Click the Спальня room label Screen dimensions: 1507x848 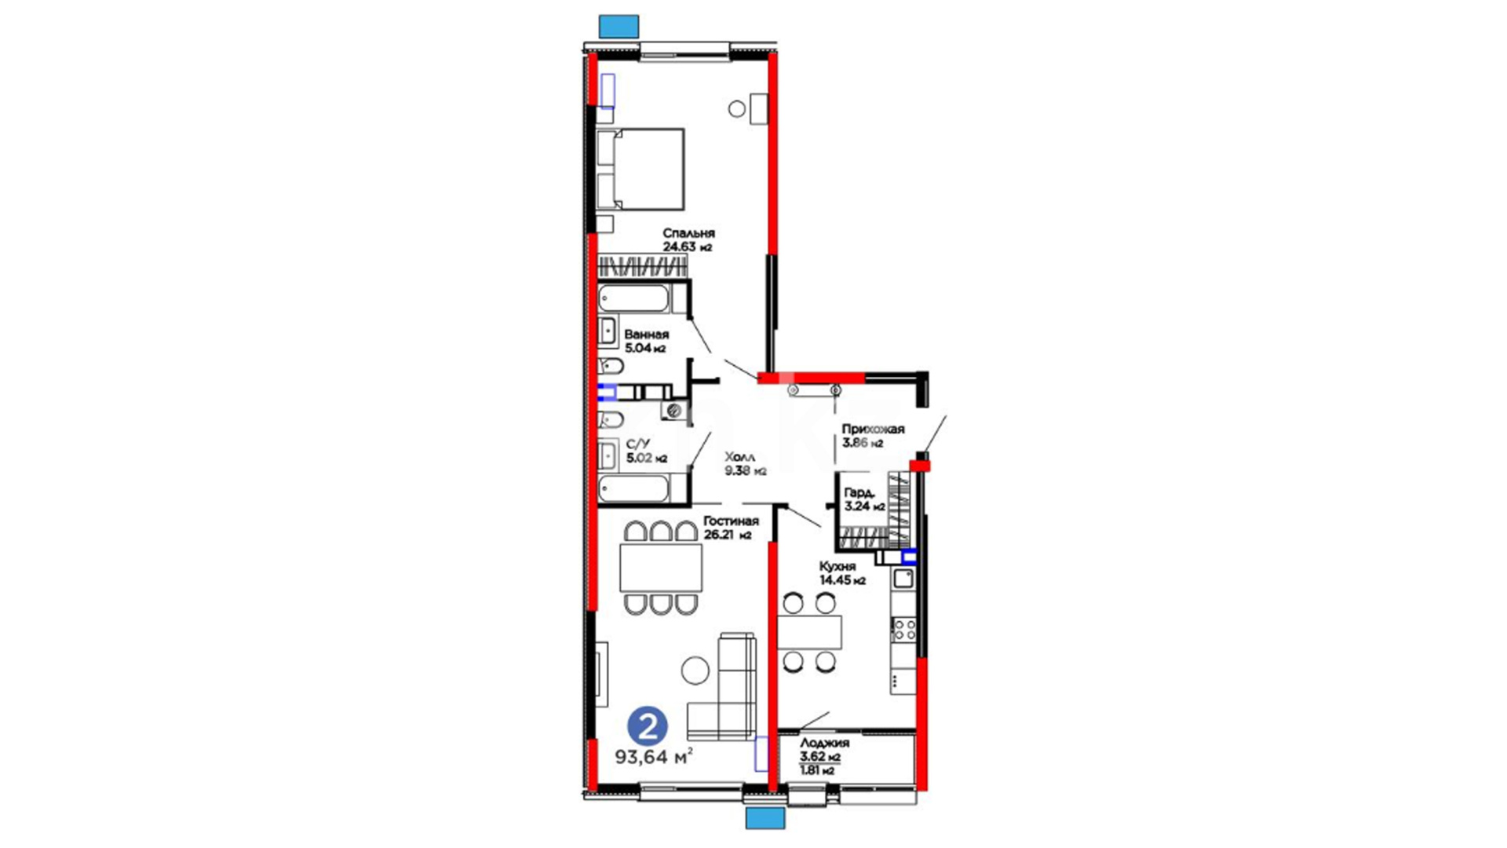click(688, 233)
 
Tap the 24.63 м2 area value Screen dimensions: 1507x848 click(688, 247)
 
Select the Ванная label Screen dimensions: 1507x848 click(647, 334)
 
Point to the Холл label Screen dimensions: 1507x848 click(740, 457)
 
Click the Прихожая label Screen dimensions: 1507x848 click(873, 429)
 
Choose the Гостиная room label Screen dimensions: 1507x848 click(731, 521)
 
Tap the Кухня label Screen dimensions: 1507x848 click(837, 567)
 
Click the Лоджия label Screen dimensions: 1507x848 click(824, 743)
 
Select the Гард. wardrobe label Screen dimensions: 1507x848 click(859, 493)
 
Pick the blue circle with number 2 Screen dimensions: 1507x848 click(648, 727)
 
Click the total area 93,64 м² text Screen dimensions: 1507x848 click(654, 757)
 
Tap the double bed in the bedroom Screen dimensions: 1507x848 click(640, 170)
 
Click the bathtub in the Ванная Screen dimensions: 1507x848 click(634, 299)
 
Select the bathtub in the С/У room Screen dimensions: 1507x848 click(634, 487)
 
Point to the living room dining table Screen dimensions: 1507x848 click(661, 567)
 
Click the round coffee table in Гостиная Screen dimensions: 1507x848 click(695, 671)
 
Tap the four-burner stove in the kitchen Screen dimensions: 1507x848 click(904, 629)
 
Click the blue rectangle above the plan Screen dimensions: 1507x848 click(618, 26)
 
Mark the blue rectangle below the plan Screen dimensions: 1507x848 click(765, 819)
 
